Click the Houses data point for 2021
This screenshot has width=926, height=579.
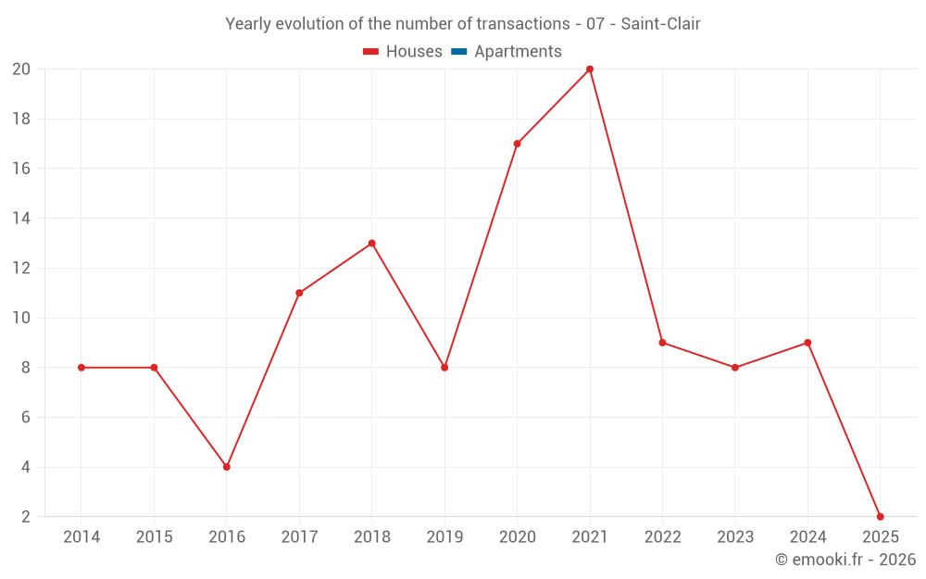pyautogui.click(x=590, y=69)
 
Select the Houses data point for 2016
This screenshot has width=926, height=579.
pyautogui.click(x=227, y=467)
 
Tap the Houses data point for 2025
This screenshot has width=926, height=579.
pyautogui.click(x=880, y=517)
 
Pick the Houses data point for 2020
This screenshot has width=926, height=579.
pyautogui.click(x=517, y=144)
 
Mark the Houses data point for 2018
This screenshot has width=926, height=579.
pyautogui.click(x=371, y=244)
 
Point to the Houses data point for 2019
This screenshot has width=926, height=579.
pyautogui.click(x=444, y=368)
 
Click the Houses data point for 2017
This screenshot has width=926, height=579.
pyautogui.click(x=299, y=293)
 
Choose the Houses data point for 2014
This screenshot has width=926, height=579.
pyautogui.click(x=81, y=368)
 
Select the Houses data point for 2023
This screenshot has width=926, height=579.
pyautogui.click(x=735, y=368)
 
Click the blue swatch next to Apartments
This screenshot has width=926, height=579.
pyautogui.click(x=458, y=52)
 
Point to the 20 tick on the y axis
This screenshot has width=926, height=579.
pyautogui.click(x=21, y=69)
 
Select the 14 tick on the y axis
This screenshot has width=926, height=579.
pyautogui.click(x=21, y=219)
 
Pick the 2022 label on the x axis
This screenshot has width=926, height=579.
pyautogui.click(x=662, y=537)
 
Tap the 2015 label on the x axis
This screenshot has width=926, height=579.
pyautogui.click(x=154, y=537)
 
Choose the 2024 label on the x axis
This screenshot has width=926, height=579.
pyautogui.click(x=807, y=537)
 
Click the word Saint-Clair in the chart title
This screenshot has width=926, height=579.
pyautogui.click(x=660, y=23)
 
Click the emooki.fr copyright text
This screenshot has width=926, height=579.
pyautogui.click(x=845, y=560)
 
